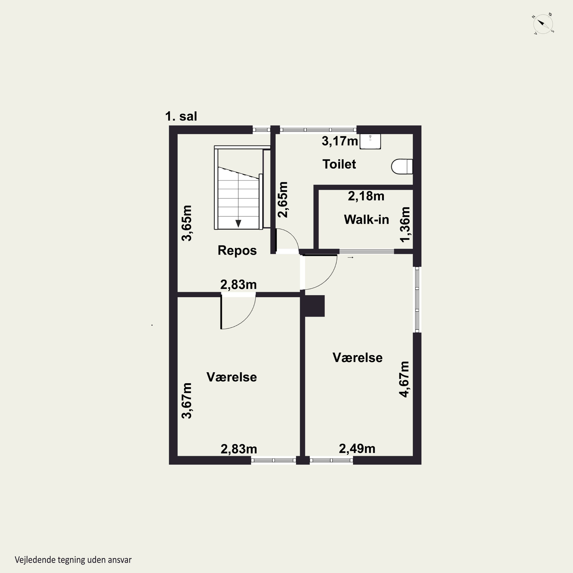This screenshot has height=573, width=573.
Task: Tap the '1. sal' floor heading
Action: point(181,116)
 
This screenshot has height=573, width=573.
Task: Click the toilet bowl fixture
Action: point(402,166)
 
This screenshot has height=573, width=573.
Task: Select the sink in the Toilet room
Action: point(370,141)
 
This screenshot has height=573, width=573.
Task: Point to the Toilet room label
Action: point(339,164)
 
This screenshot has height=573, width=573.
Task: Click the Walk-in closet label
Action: point(366,219)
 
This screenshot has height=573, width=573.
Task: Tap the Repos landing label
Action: point(237,250)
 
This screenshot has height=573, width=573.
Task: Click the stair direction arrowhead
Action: point(238,223)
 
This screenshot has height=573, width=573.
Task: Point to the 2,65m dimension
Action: point(283,200)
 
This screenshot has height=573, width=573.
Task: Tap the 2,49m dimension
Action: point(357,449)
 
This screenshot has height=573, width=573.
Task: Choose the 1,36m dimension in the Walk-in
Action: point(405,224)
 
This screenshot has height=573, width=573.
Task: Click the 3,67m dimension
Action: point(187,401)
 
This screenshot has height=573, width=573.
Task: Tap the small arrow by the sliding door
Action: point(350,257)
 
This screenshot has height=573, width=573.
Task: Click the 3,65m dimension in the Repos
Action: point(187,223)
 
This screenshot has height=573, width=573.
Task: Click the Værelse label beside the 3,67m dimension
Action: point(232,377)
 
